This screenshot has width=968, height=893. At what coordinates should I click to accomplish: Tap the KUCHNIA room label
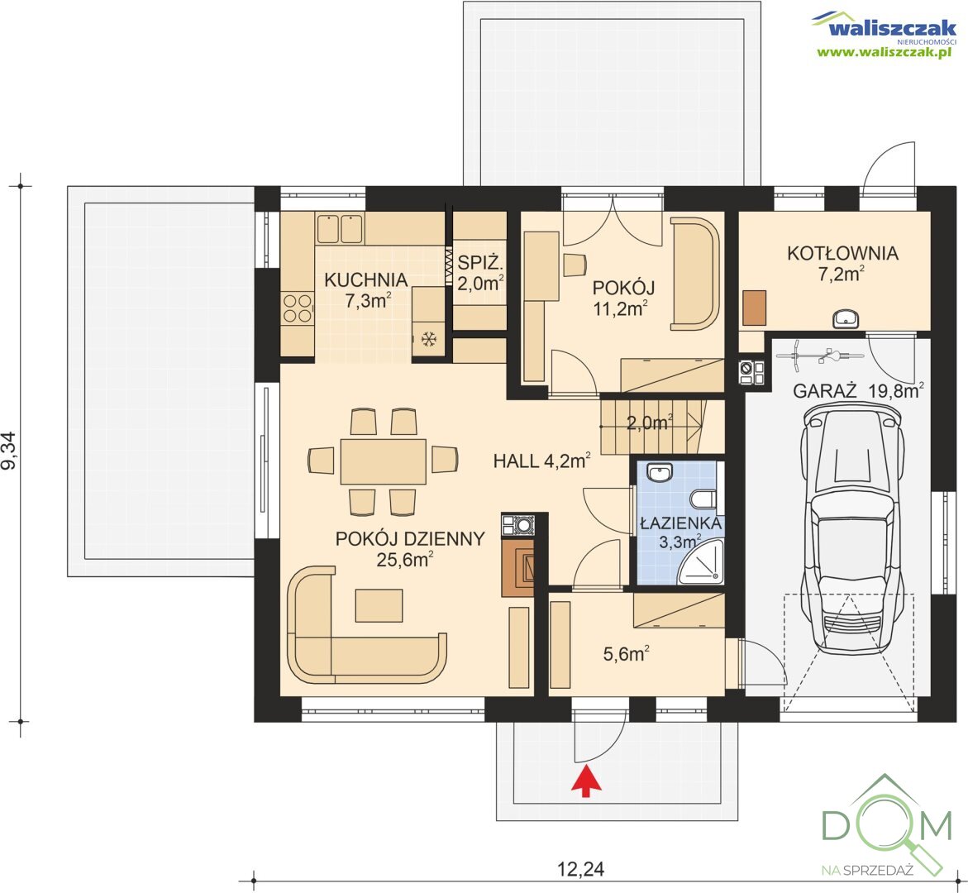pos(365,279)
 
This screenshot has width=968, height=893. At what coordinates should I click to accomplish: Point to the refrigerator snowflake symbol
pos(428,338)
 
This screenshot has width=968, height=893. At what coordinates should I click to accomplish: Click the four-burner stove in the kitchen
pos(298,308)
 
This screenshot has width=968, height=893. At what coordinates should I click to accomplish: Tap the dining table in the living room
pos(383,461)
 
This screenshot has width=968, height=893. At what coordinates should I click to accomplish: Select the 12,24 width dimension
pos(580,869)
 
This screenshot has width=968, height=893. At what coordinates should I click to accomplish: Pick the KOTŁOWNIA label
pos(842,253)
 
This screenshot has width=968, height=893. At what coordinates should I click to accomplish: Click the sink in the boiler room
pos(845,318)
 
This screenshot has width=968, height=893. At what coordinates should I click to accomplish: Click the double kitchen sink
pos(339,228)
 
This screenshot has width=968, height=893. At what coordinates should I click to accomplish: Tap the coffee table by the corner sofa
pos(379,605)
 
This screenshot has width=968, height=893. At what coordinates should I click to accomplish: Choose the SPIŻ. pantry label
pos(480,263)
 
